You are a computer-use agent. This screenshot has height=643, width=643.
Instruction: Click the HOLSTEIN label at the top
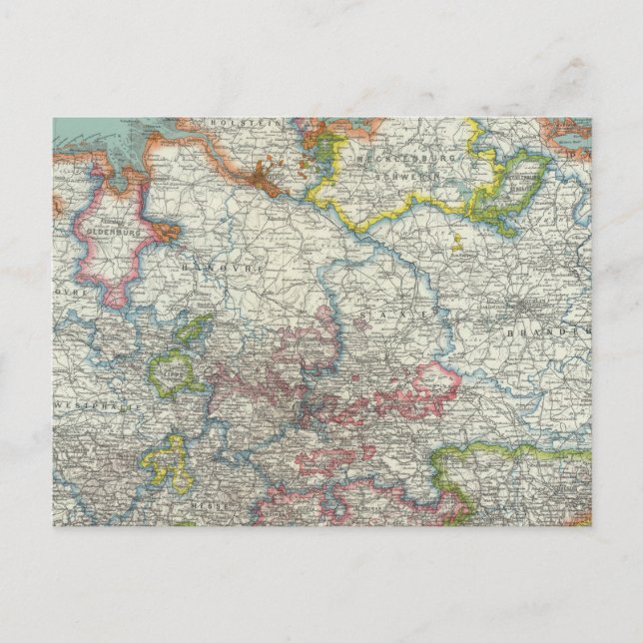pyautogui.click(x=237, y=125)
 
